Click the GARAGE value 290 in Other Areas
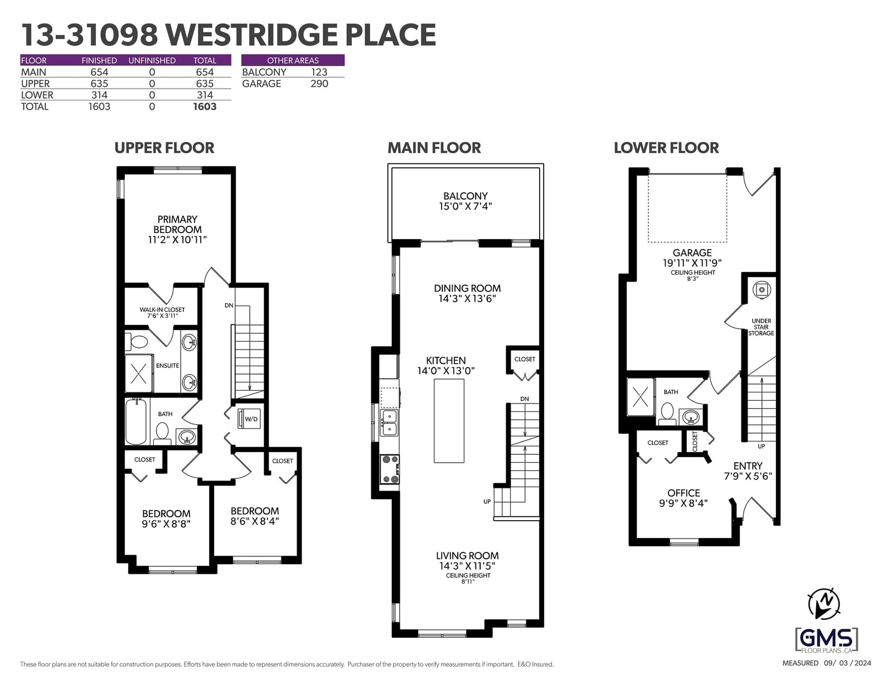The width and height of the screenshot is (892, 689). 319,84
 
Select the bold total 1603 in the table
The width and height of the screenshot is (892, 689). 205,106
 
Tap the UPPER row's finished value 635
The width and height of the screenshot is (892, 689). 99,84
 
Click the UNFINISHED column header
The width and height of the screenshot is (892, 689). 152,60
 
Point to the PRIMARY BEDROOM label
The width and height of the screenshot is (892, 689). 177,225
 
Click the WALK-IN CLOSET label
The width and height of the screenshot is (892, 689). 162,310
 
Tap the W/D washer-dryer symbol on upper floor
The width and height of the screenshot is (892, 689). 249,419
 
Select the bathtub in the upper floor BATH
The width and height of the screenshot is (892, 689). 136,421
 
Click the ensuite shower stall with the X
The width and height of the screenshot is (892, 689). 139,374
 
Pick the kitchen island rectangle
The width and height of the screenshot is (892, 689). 449,421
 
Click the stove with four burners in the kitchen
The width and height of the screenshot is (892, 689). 390,469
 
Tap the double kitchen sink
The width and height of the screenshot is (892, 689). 389,423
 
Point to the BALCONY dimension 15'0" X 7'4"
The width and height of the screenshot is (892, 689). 466,206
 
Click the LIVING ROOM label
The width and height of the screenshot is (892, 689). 467,556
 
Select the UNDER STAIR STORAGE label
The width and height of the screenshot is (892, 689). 761,327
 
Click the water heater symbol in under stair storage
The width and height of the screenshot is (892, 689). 762,290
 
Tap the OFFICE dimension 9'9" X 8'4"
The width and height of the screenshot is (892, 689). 683,503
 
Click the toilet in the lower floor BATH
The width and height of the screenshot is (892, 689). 667,414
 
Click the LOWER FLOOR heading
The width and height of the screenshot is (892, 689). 666,148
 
